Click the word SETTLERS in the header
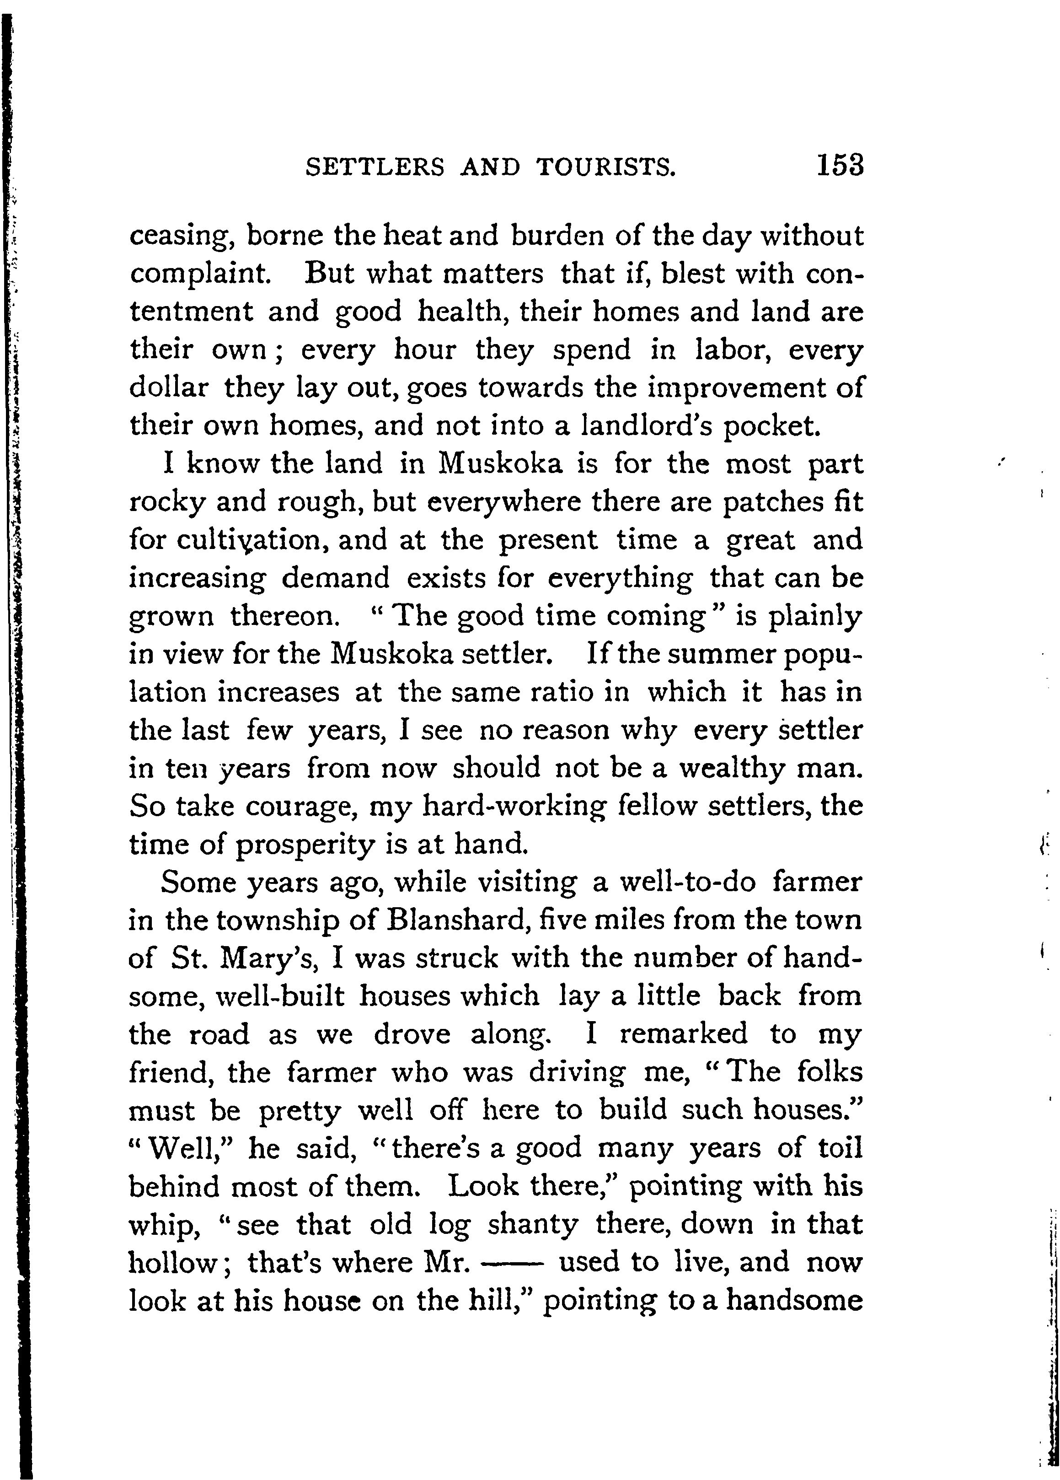pyautogui.click(x=375, y=168)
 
